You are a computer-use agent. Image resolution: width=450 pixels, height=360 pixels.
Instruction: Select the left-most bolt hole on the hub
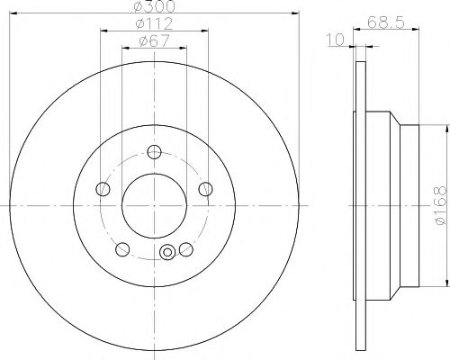pyautogui.click(x=103, y=189)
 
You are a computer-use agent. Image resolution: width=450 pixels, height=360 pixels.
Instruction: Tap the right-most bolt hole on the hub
pyautogui.click(x=207, y=189)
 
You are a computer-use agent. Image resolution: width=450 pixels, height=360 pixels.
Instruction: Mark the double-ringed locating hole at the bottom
pyautogui.click(x=166, y=254)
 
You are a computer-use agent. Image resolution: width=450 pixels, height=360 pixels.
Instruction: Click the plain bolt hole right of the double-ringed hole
pyautogui.click(x=186, y=249)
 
